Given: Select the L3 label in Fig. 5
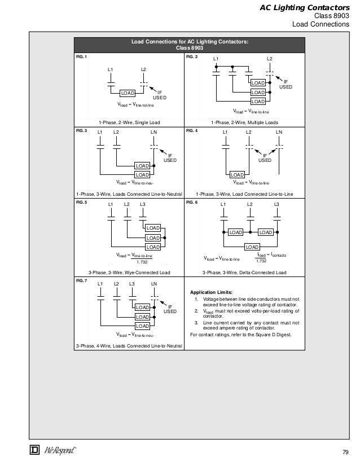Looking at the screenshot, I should coord(142,204).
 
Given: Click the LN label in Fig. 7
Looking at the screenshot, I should coord(154,283).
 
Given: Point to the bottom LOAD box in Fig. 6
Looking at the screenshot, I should coord(252,247).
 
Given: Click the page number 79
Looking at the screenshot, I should coord(346,452).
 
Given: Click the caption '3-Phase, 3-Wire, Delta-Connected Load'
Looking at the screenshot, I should coord(244,273).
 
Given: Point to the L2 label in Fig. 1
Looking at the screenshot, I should coord(143,69).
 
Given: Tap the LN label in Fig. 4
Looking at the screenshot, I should coord(279,132).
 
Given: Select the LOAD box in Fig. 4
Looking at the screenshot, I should coord(237,175).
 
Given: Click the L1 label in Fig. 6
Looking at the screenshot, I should coord(223,204).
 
